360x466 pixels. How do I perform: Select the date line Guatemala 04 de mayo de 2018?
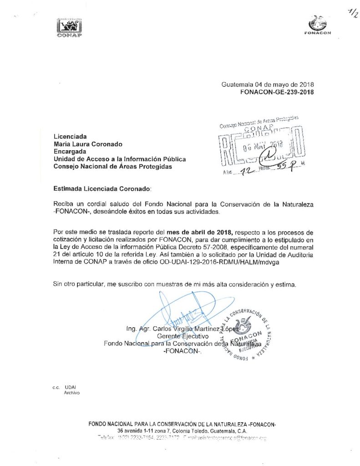click(x=267, y=85)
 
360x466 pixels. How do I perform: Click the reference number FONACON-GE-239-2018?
click(x=276, y=91)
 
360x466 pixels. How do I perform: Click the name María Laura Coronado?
click(x=88, y=144)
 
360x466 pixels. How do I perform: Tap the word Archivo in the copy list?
click(x=72, y=392)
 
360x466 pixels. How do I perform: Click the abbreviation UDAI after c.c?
click(x=71, y=386)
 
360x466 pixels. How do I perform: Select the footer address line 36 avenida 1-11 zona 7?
click(x=182, y=431)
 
